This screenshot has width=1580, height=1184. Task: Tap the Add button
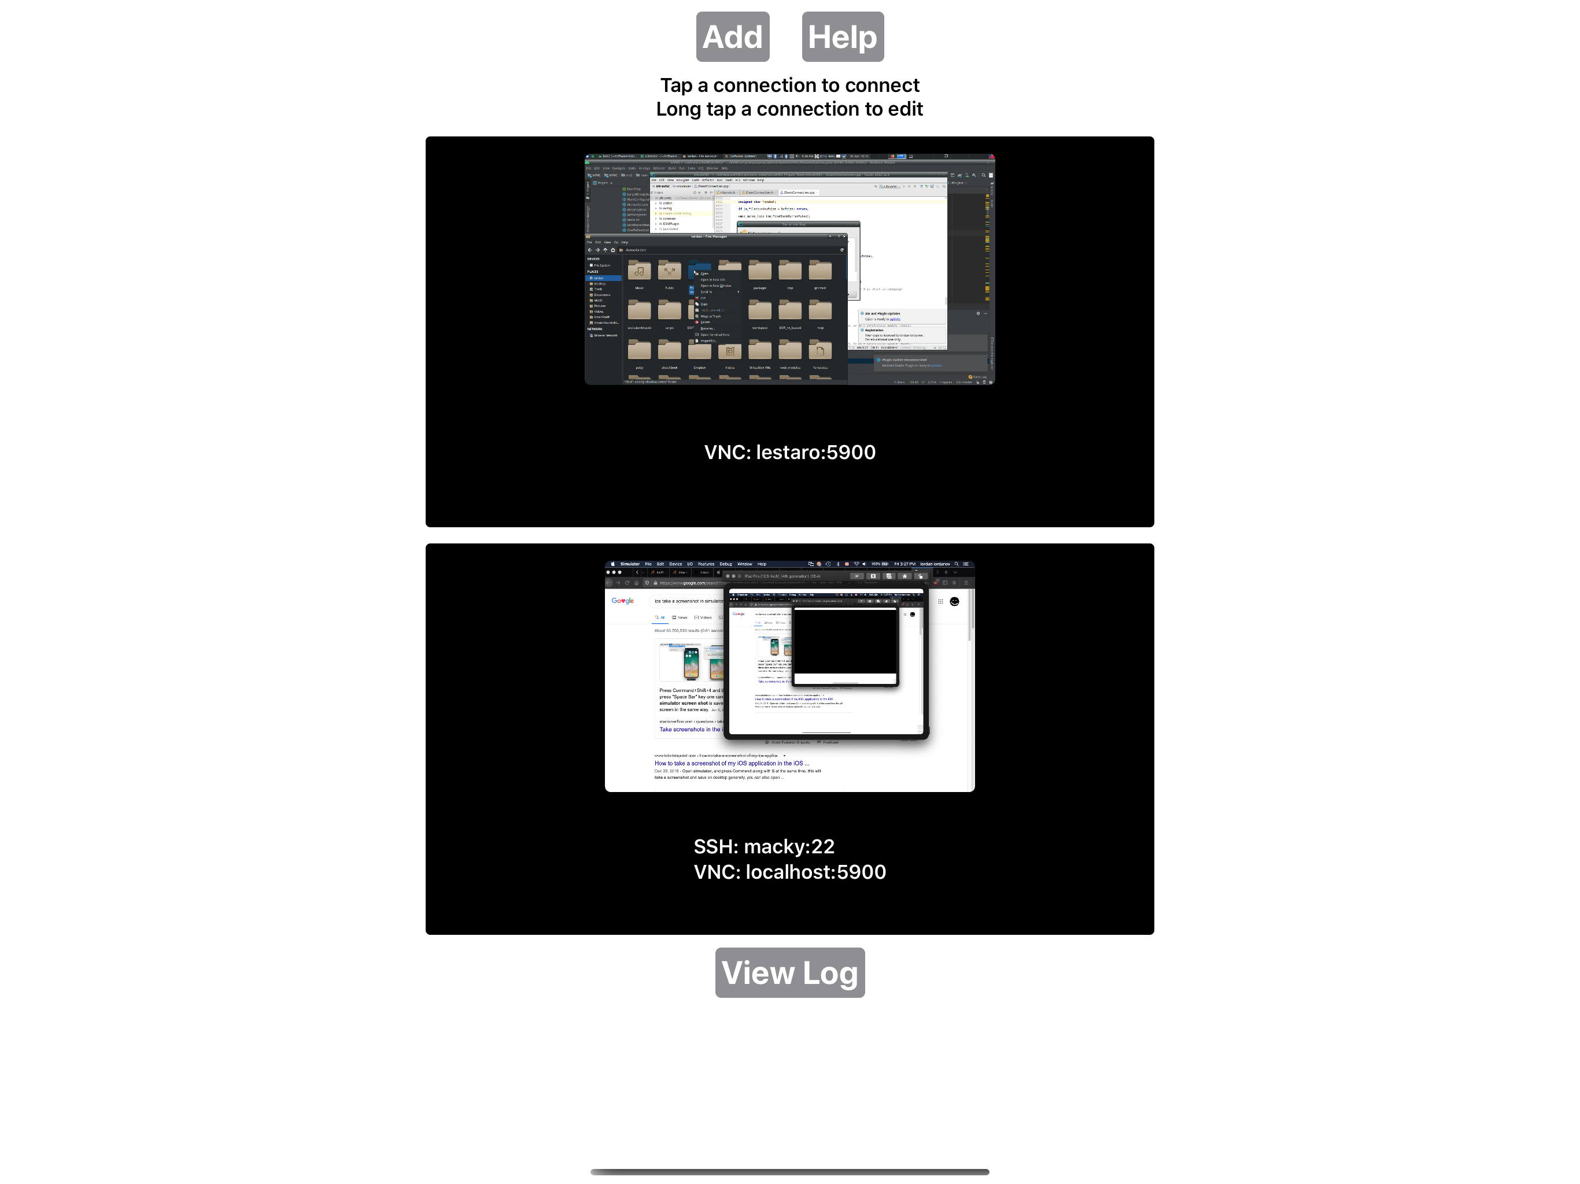732,36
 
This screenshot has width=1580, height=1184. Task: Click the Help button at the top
842,36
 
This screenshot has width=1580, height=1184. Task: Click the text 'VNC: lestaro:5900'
789,452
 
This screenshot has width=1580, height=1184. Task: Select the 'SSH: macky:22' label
763,846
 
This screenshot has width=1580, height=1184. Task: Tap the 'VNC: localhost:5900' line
789,872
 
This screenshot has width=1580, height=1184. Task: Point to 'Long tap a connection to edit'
789,109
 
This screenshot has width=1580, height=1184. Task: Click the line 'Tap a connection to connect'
789,85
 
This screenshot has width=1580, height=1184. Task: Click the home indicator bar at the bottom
789,1172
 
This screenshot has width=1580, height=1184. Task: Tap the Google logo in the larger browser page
622,601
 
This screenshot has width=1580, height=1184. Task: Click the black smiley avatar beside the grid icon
954,601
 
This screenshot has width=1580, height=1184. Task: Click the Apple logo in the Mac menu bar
612,564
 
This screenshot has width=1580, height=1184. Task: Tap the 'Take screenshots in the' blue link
689,729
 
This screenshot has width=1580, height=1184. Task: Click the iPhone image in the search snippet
691,663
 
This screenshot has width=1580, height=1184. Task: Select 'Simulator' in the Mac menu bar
629,564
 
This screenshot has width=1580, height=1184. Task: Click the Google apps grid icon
940,601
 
